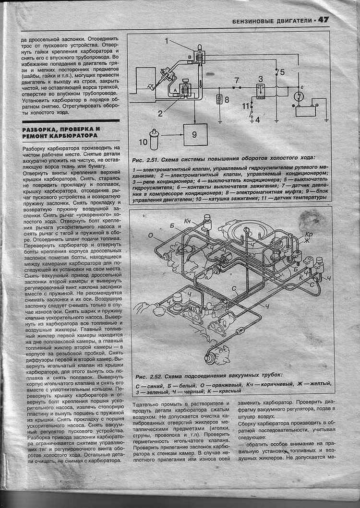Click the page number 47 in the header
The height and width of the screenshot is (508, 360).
pos(323,20)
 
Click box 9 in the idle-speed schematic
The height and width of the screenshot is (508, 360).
pos(195,134)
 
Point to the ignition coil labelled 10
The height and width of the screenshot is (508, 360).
pos(155,137)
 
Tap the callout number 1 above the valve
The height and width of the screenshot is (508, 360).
pos(167,41)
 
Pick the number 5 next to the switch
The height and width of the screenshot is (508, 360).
pos(283,72)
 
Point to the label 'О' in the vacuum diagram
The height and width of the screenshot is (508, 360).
pos(150,236)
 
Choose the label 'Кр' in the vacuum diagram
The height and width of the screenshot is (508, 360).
pos(309,234)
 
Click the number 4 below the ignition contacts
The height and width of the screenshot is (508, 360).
pos(258,119)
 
